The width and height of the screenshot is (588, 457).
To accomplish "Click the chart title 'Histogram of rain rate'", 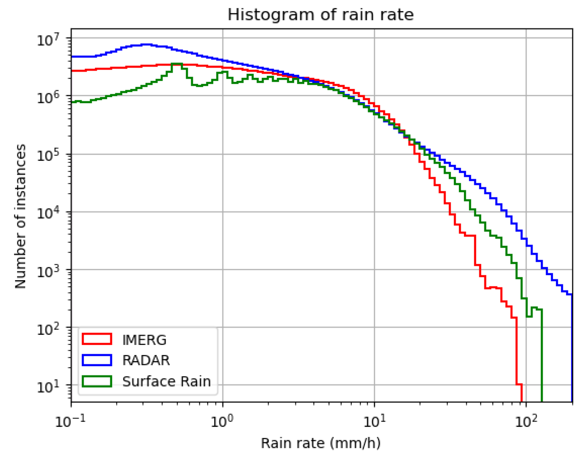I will [320, 15].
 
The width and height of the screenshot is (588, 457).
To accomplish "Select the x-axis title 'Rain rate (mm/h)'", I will [321, 443].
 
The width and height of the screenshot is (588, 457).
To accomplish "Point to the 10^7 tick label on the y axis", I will [48, 40].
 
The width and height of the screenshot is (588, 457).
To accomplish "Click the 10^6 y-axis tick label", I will [48, 97].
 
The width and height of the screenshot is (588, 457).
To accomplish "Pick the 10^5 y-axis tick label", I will [48, 155].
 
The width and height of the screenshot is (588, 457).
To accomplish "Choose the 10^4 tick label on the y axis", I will [48, 213].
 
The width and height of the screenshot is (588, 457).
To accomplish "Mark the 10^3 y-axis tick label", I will [48, 271].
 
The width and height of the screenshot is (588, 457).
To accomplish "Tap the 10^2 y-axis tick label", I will [48, 329].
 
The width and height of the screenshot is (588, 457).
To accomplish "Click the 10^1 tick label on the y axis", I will [48, 387].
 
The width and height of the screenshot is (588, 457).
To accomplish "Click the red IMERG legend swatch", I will [97, 339].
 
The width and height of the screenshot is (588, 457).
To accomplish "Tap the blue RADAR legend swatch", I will [97, 360].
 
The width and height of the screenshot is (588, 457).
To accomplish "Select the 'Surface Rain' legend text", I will [167, 381].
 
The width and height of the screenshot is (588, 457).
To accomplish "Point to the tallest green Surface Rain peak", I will [177, 64].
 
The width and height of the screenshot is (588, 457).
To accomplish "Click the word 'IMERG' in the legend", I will [144, 340].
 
